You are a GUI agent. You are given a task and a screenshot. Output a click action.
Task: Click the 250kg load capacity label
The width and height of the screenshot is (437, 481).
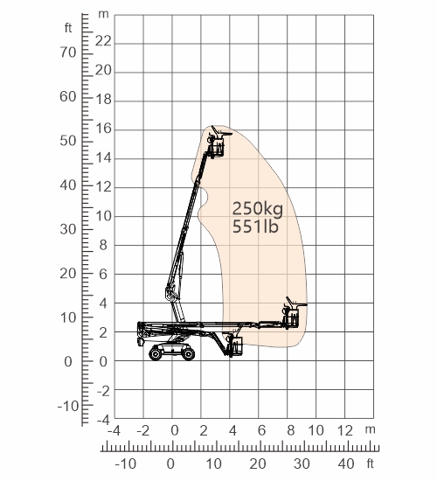point(258,209)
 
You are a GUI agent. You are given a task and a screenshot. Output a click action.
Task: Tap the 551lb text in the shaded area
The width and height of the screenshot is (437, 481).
point(255,227)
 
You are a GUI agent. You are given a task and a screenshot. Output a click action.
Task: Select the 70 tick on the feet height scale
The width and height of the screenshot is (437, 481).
point(68,52)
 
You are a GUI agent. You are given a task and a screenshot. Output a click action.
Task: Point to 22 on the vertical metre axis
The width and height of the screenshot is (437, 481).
point(103,41)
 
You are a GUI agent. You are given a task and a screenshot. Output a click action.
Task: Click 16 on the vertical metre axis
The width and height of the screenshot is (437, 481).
point(104,129)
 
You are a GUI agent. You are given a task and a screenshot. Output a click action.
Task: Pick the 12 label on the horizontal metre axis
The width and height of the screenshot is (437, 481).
point(345,430)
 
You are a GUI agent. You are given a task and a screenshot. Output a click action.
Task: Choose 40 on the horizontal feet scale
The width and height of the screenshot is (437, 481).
point(346,464)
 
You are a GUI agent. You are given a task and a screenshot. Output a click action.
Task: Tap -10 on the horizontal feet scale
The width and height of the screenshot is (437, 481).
point(126,464)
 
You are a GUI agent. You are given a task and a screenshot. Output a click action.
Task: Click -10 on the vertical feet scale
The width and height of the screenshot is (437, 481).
point(68,406)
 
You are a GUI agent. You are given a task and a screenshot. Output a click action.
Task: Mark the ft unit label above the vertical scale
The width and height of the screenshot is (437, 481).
point(68,28)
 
